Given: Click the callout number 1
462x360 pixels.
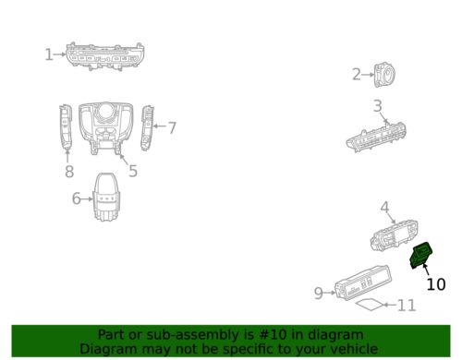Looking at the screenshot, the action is point(49,54).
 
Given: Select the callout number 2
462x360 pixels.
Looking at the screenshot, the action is point(357,75).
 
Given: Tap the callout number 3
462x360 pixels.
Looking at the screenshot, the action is point(378,106).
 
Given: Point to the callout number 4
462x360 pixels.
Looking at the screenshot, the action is point(384,208).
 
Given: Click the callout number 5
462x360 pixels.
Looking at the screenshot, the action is point(133,171).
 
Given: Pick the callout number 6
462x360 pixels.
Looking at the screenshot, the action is point(76,198).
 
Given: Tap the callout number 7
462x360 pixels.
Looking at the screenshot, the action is point(172,127).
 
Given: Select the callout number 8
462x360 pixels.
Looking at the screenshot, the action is point(69,172).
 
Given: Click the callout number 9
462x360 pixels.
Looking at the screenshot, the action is point(319,293).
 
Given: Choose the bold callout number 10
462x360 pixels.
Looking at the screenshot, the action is point(436,284).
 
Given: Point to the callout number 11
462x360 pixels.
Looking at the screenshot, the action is point(407,306).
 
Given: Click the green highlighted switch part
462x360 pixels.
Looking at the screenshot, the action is point(421,255).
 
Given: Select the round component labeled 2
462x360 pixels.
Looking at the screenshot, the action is point(385,75).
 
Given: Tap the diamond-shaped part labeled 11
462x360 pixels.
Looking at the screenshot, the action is point(370,305).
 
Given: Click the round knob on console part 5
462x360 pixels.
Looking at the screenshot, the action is point(106,112).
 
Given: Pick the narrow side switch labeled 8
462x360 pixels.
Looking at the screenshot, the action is point(66,126).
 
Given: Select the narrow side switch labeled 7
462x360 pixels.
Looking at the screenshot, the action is point(147,128).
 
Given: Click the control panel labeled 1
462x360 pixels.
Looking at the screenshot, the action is point(105,56).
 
